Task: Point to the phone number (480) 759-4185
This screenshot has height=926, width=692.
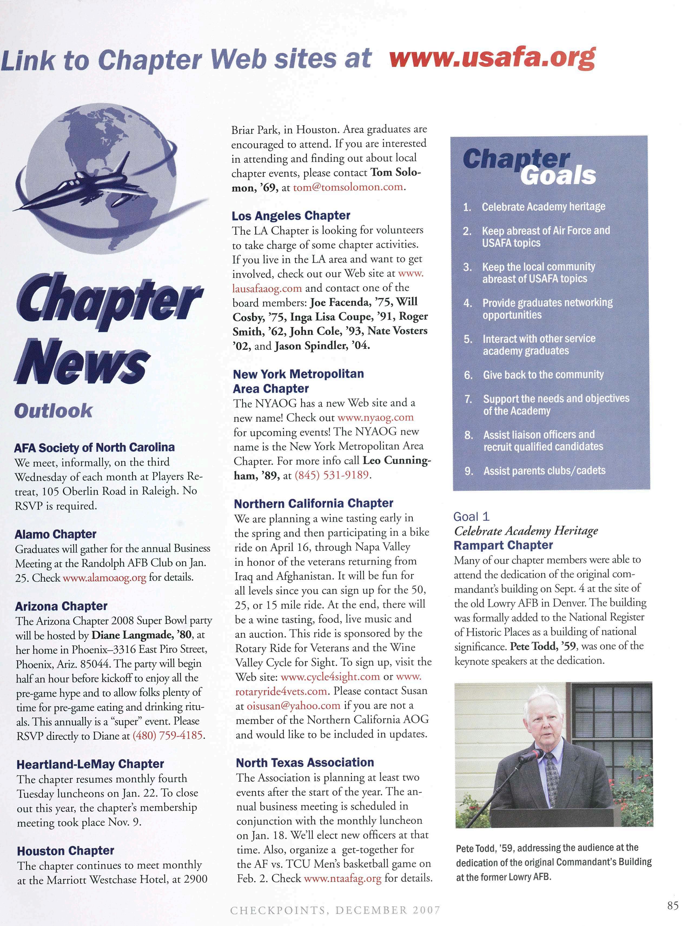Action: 168,735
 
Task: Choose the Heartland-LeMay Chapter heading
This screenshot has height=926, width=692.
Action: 90,764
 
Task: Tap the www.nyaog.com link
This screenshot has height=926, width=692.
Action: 375,417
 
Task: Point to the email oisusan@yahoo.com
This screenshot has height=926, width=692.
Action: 293,705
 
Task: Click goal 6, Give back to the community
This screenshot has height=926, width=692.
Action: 543,375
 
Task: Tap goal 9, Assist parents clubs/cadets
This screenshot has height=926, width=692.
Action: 544,470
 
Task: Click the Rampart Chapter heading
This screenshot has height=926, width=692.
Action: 503,545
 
